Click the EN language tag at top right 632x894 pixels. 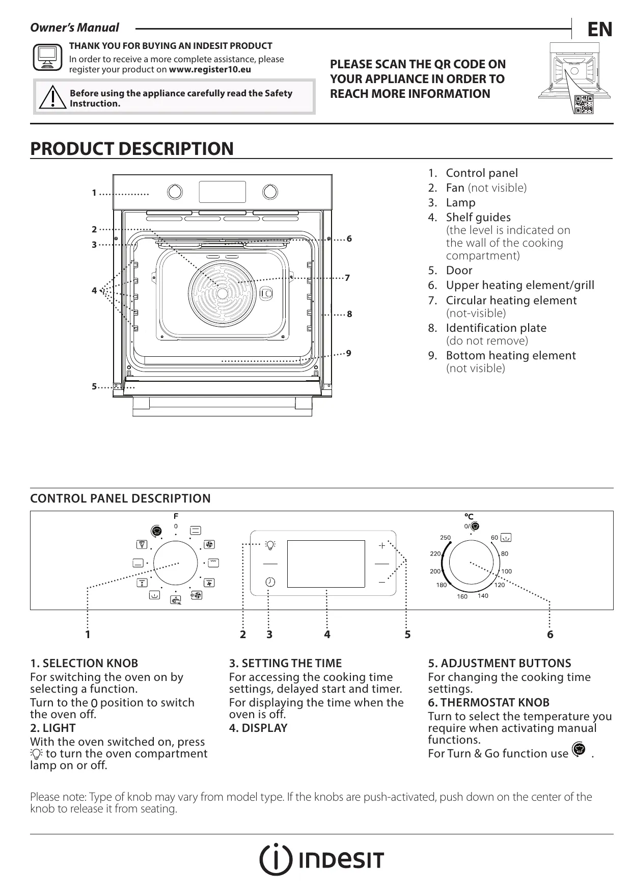coord(599,30)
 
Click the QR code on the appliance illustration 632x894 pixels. coord(584,104)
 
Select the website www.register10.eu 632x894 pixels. coord(210,69)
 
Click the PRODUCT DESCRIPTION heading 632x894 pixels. coord(132,149)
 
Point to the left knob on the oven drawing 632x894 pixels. coord(175,191)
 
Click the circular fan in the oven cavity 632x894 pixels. coord(223,294)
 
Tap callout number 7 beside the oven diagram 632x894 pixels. coord(347,278)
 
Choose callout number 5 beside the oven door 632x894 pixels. coord(94,387)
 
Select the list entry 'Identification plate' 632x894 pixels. coord(496,328)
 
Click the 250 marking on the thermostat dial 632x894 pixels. coord(446,538)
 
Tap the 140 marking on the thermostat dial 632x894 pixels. coord(483,595)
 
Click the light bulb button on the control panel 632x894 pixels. coord(270,545)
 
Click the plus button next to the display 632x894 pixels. coord(381,545)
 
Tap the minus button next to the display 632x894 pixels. coord(381,582)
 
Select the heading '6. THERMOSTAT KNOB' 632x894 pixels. coord(488,702)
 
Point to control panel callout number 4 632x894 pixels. coord(327,635)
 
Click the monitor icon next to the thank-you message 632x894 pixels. coord(47,57)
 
